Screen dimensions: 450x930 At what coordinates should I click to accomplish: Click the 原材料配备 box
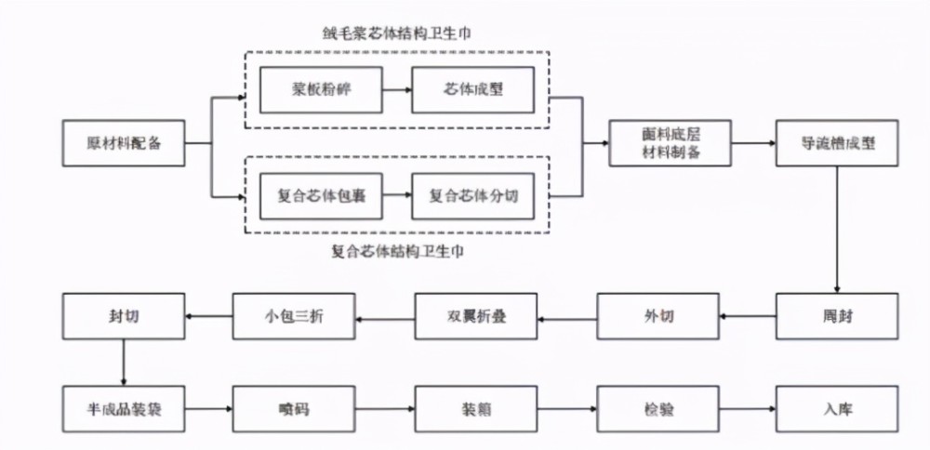(123, 143)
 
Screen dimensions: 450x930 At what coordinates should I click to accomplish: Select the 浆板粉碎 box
(321, 90)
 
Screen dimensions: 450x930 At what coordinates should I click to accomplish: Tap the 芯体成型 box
(473, 90)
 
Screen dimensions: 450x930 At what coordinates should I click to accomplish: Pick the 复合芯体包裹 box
(321, 196)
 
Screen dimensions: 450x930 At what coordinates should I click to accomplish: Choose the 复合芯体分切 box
(473, 196)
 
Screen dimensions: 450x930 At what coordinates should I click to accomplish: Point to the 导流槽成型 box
(838, 143)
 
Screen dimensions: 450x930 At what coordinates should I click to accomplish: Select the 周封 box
(838, 317)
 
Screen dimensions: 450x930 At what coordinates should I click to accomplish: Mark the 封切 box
(123, 317)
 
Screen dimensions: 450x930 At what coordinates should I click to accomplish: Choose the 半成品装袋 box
(123, 408)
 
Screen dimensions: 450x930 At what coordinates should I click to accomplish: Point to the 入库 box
(838, 408)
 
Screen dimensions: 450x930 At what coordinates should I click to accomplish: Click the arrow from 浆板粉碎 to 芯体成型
(396, 90)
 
